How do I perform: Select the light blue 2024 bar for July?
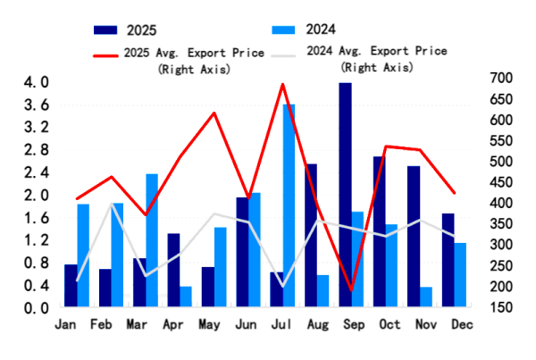(289, 205)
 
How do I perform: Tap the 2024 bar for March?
(152, 240)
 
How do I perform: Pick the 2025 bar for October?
(379, 231)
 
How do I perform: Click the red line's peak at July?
(283, 84)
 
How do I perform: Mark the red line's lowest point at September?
(351, 291)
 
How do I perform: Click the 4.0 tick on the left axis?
(35, 83)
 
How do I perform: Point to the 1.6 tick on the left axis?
(35, 218)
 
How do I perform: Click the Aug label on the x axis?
(317, 324)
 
